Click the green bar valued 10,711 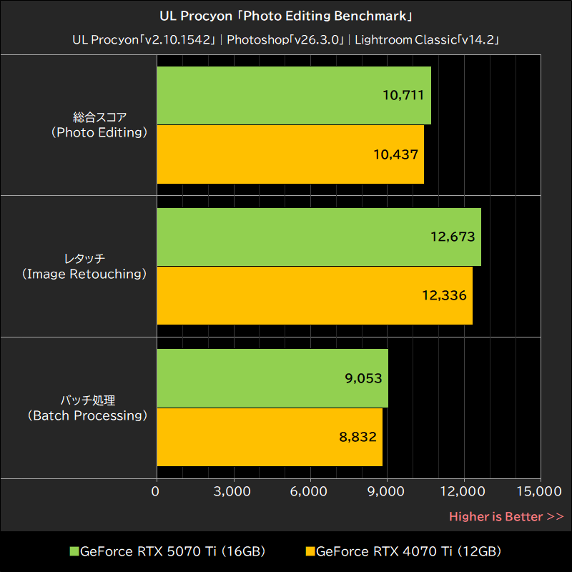tap(293, 96)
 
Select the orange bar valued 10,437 tap(290, 154)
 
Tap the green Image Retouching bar tap(318, 237)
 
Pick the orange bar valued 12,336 tap(314, 296)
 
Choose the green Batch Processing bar tap(272, 379)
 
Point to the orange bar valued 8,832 tap(269, 438)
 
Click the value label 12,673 tap(453, 237)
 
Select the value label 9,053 tap(363, 379)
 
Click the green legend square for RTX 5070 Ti tap(74, 551)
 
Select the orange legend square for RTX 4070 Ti tap(310, 551)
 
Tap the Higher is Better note tap(506, 516)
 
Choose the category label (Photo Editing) tap(99, 133)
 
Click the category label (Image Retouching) tap(84, 275)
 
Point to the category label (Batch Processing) tap(87, 416)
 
